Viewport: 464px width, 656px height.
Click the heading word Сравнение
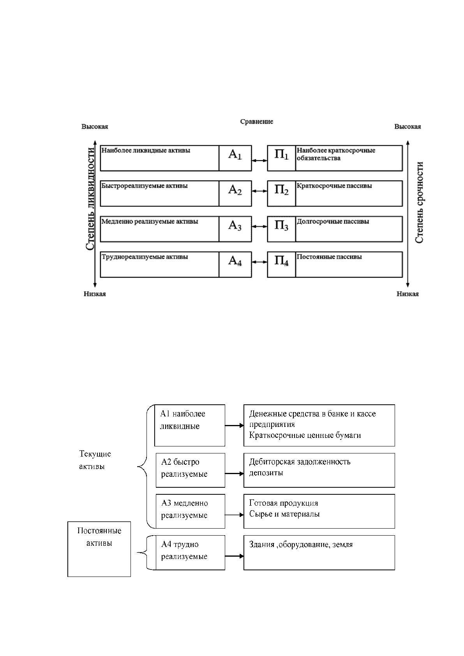(257, 122)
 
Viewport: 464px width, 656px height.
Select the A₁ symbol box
(235, 158)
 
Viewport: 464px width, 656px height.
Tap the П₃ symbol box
(282, 229)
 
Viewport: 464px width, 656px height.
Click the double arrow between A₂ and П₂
(259, 191)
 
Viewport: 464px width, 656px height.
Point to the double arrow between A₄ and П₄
(259, 262)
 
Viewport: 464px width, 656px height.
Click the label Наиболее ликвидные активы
(146, 150)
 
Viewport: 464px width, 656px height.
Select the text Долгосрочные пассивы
(333, 221)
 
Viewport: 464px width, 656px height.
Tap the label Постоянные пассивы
(329, 257)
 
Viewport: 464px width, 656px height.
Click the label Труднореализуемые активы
(145, 257)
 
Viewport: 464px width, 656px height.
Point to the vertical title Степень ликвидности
(90, 199)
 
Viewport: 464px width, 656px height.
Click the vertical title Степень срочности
(420, 202)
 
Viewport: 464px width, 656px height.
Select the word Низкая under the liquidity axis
(95, 294)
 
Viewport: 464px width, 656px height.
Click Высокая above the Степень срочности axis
(408, 127)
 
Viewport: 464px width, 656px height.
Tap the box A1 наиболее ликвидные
(190, 425)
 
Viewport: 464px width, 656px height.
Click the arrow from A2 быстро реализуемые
(235, 474)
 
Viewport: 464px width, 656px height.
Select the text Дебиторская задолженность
(300, 462)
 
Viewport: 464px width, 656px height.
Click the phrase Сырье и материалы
(284, 514)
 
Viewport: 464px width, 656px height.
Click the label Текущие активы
(95, 460)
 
